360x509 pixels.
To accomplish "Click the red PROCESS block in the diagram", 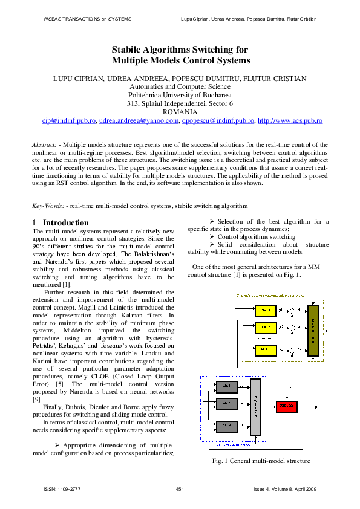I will (287, 406).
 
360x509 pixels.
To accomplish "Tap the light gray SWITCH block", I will (255, 406).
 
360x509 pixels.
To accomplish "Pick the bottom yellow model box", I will (264, 349).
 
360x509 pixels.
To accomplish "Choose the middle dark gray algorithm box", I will (227, 403).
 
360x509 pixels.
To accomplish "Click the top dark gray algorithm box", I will (227, 385).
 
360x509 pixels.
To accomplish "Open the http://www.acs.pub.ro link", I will (290, 121).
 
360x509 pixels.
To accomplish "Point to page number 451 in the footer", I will (180, 488).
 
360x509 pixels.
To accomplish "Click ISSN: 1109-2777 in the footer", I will (62, 488).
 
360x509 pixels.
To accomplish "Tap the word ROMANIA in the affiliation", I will (180, 112).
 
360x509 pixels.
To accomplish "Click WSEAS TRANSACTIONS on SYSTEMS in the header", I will (87, 19).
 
